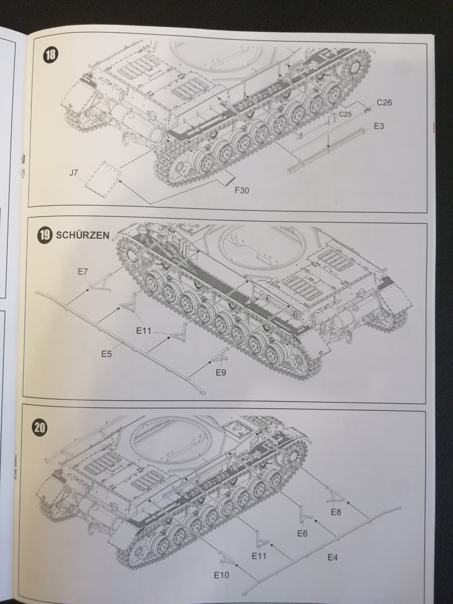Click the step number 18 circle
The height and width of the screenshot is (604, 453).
pos(50,55)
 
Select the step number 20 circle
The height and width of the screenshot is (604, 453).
pos(40,427)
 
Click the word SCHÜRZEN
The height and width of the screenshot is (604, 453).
pos(83,236)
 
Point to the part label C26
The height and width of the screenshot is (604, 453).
pos(384,102)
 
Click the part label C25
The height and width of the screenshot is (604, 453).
pos(346,114)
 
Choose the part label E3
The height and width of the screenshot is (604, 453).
pos(379,126)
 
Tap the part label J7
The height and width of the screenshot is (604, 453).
pos(74,173)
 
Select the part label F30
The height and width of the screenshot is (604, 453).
pos(242,190)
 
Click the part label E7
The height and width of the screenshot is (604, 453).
pos(83,272)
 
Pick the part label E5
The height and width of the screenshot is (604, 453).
pos(106,354)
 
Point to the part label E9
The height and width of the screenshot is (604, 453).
pos(221,372)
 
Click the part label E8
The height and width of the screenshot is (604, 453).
pos(336,512)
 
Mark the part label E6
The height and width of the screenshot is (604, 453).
pos(302,533)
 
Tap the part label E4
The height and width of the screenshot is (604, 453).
pos(332,557)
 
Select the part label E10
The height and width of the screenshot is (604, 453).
pos(221,575)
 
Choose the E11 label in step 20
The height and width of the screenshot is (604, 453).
pos(259,556)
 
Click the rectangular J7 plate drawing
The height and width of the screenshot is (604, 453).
pos(103,176)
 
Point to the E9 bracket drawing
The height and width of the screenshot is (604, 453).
pos(220,356)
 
